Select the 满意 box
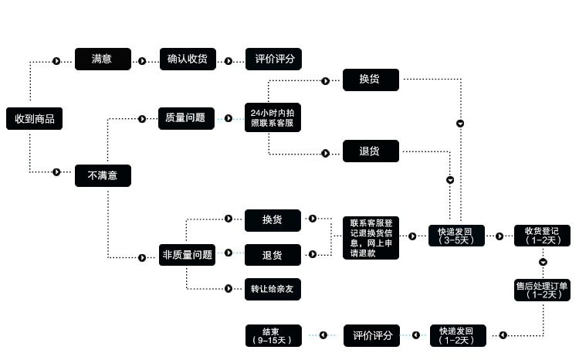(x=103, y=59)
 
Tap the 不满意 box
(x=103, y=175)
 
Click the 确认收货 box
(x=187, y=59)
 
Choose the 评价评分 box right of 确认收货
(x=273, y=59)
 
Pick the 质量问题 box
(x=186, y=118)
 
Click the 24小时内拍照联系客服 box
(x=272, y=118)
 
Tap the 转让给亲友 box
(x=273, y=289)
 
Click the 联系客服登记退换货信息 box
(x=371, y=238)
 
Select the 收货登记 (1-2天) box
(x=543, y=235)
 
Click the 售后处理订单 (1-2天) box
(x=543, y=289)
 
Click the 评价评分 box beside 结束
(x=371, y=335)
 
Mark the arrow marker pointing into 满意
(x=56, y=60)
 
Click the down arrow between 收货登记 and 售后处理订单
(x=543, y=263)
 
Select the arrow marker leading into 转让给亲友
(x=229, y=289)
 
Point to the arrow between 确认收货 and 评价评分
(x=229, y=60)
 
